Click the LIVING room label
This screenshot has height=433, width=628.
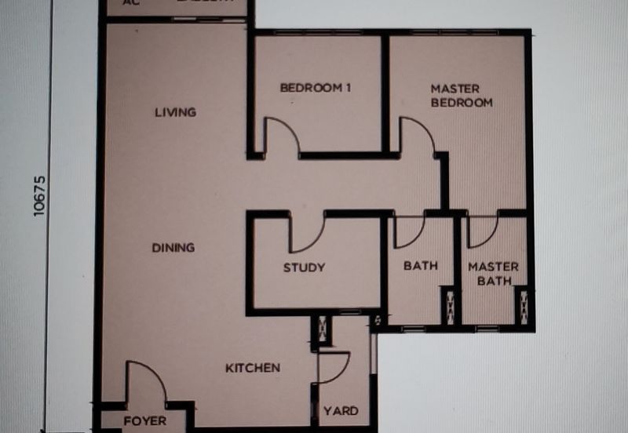coord(174,112)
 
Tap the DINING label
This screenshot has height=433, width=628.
coord(173,248)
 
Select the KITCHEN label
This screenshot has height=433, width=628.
coord(253,368)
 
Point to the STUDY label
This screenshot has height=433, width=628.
coord(304,267)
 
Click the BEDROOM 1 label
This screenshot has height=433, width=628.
coord(315,88)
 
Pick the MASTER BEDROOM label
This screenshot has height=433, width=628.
coord(461,96)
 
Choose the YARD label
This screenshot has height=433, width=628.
coord(341,411)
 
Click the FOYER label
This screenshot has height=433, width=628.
coord(145,421)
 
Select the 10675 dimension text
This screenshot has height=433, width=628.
coord(42,196)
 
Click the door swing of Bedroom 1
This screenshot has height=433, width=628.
coord(281,136)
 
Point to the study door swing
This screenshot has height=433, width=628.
coord(307,232)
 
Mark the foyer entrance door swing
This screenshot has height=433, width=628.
coord(144,381)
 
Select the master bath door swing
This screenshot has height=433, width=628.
coord(480,231)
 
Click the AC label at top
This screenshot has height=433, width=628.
coord(131,3)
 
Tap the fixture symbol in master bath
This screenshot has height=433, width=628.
coord(521,307)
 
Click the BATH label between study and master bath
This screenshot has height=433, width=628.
coord(421,266)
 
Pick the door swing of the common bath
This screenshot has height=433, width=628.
coord(408,231)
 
